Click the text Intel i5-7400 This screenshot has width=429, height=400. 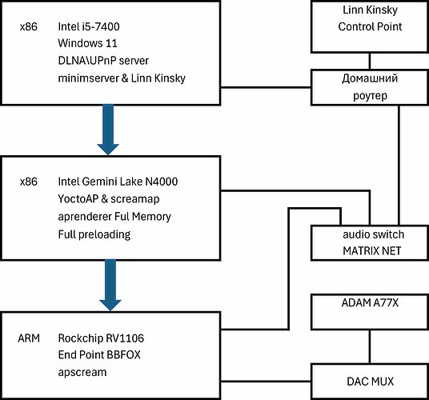(x=89, y=26)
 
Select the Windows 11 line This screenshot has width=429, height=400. (x=87, y=43)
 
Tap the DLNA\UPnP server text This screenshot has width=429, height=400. (x=103, y=61)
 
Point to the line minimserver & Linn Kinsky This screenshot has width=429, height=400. (x=122, y=78)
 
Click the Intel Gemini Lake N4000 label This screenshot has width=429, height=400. (x=118, y=182)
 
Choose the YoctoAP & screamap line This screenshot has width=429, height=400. (x=109, y=198)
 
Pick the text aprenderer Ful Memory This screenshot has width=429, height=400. (x=114, y=217)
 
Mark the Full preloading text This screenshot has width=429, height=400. (x=94, y=234)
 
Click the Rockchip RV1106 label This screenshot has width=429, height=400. (x=101, y=338)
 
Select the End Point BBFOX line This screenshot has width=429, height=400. (x=99, y=355)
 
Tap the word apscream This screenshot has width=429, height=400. (x=82, y=372)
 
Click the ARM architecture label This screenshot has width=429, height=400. (x=29, y=338)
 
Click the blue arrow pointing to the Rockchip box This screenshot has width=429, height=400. (x=110, y=285)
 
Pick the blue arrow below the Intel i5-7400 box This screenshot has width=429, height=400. (x=108, y=130)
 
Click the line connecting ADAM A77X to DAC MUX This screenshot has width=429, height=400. (x=370, y=346)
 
